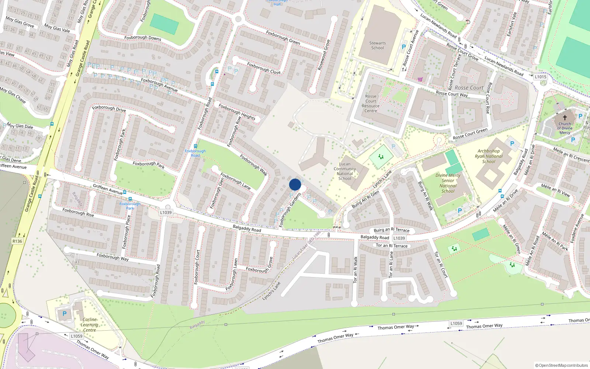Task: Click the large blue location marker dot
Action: [x=295, y=184]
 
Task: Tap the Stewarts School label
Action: [x=377, y=45]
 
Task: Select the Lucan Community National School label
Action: [x=345, y=171]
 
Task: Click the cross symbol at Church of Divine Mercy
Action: [x=565, y=118]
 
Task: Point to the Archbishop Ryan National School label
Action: [x=489, y=156]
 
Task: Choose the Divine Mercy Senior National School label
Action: [x=448, y=183]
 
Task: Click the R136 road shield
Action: [x=17, y=241]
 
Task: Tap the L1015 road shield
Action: [x=540, y=77]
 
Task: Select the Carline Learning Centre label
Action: [x=89, y=325]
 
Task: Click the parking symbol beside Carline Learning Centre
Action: [x=65, y=314]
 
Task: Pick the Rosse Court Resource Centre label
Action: [x=371, y=103]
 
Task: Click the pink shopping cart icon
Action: [x=420, y=79]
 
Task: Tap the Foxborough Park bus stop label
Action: [x=130, y=206]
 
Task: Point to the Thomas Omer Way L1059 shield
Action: [x=456, y=323]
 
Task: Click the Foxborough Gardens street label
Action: [x=290, y=210]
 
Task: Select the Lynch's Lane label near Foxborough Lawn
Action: [x=271, y=291]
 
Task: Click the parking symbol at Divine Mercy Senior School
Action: [x=459, y=211]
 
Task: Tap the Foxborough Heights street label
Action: [x=237, y=111]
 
